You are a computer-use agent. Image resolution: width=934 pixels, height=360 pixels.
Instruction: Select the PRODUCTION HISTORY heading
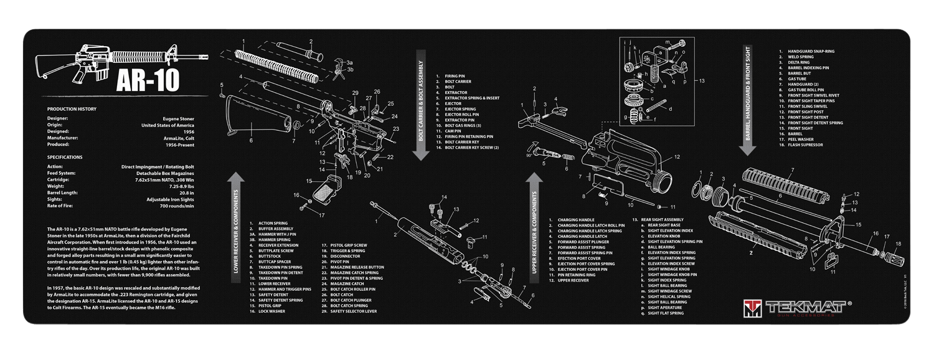tap(72, 109)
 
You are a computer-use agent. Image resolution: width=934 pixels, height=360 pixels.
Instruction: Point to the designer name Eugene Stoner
tap(177, 118)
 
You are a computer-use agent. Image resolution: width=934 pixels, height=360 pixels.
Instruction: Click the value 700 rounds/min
tap(176, 206)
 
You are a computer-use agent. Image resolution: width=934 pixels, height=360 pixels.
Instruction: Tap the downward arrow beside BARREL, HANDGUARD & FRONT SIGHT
tap(747, 149)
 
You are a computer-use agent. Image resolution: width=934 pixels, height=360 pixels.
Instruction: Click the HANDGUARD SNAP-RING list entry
tap(811, 51)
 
